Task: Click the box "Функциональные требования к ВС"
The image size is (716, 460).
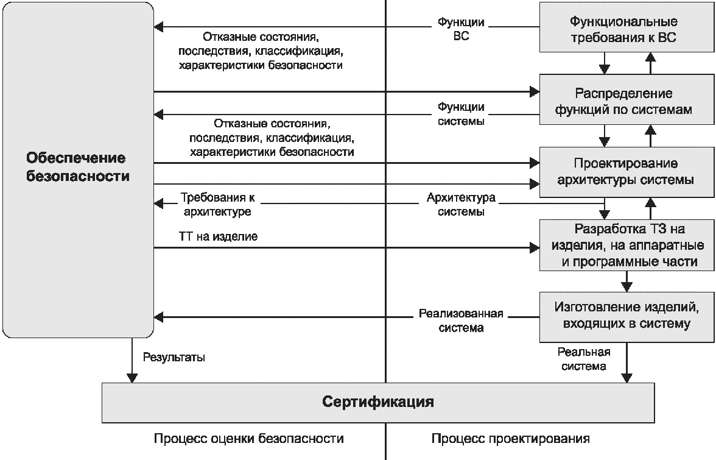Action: tap(623, 30)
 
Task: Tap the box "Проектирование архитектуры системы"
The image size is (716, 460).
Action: tap(623, 172)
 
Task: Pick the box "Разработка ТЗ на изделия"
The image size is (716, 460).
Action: tap(623, 246)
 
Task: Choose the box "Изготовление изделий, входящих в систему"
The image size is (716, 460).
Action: tap(623, 316)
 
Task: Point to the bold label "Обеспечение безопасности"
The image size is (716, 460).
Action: tap(77, 168)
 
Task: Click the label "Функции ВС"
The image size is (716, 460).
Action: tap(461, 29)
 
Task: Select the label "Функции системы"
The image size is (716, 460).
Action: tap(461, 114)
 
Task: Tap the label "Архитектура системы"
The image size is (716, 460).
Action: tap(461, 205)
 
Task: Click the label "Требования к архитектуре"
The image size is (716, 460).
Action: tap(217, 205)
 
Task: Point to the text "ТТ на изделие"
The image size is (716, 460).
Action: tap(218, 236)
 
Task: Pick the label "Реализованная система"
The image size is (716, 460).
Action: tap(461, 320)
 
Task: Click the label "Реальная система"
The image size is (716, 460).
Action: tap(584, 359)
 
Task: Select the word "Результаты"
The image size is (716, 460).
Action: tap(174, 358)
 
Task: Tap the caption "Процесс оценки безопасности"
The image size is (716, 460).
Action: tap(249, 439)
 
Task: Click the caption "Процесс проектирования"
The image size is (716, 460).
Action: tap(511, 439)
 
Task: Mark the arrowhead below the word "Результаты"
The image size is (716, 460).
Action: tap(132, 378)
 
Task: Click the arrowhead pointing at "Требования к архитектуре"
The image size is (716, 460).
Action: tap(159, 202)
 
